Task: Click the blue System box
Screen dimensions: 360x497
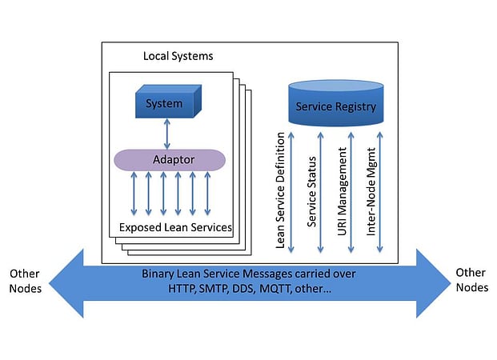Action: [x=164, y=103]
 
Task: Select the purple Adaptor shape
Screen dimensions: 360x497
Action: [x=170, y=158]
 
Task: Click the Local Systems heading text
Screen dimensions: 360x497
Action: [x=178, y=56]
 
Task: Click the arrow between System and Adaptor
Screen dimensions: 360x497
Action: [x=166, y=132]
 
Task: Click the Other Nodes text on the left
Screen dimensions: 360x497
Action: [x=25, y=281]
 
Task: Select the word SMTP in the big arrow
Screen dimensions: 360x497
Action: [x=216, y=288]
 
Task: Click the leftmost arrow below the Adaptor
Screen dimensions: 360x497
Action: [x=134, y=194]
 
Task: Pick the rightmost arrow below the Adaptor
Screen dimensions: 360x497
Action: [x=207, y=194]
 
